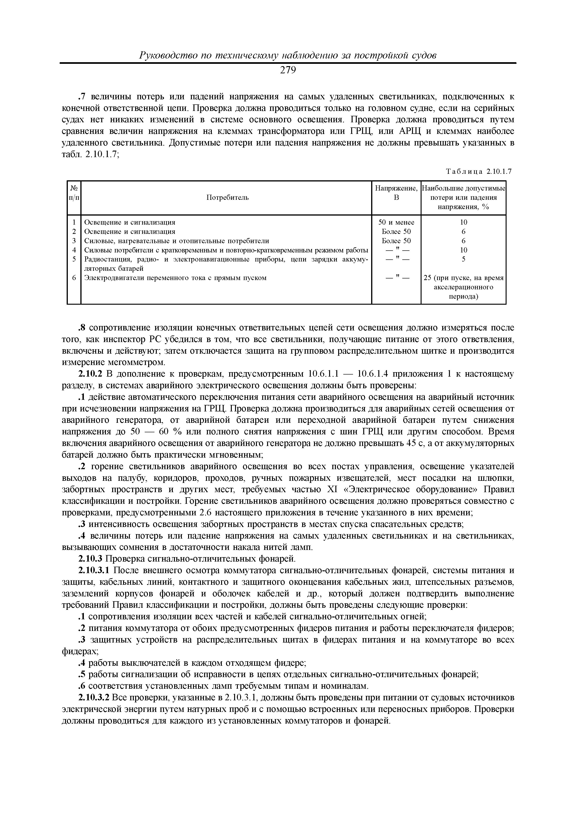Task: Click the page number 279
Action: click(288, 71)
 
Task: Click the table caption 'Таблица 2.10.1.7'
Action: click(478, 171)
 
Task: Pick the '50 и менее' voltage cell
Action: click(396, 222)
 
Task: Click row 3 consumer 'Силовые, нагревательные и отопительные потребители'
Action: click(176, 241)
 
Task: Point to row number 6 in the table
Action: click(74, 278)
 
